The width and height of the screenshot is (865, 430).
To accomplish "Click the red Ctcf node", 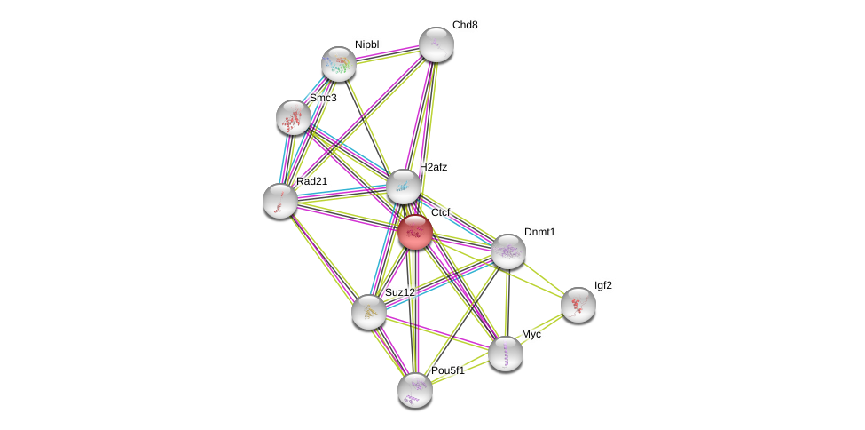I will (x=414, y=232).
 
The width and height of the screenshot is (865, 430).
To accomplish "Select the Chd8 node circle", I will (x=436, y=44).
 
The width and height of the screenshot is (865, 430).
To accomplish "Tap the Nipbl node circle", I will (x=338, y=64).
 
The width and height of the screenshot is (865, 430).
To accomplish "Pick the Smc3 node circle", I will (x=293, y=117).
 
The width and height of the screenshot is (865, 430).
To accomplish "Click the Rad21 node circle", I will (x=280, y=200).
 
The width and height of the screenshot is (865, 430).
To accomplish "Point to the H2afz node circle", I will (x=403, y=187).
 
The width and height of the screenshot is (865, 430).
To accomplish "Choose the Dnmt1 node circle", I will (x=507, y=251).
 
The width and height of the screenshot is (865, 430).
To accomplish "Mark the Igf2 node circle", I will (x=578, y=305).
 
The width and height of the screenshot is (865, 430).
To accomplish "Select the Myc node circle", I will (x=505, y=353).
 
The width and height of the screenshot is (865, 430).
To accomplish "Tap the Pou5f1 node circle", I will (x=414, y=389).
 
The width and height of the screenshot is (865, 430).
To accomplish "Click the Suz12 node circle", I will (x=368, y=312).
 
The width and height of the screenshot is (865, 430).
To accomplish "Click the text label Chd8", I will (x=465, y=25).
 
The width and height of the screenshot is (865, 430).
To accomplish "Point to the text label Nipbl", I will (x=366, y=44).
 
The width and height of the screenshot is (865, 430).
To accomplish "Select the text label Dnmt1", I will (x=539, y=232).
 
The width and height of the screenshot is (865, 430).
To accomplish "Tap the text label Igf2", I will (x=603, y=285).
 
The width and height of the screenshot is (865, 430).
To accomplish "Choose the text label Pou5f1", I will (x=448, y=370).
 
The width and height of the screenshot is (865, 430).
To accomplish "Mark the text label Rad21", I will (x=312, y=181).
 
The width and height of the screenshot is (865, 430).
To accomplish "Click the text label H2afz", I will (x=434, y=167).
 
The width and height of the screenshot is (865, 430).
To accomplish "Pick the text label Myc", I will (x=531, y=334).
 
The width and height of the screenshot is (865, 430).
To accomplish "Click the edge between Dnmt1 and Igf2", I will (x=543, y=278).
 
